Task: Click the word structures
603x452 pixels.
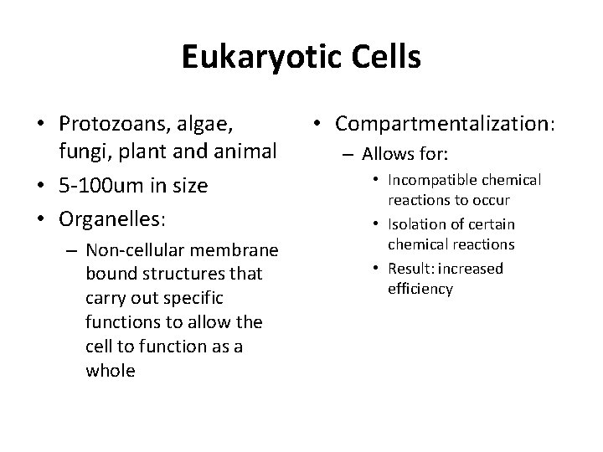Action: tap(165, 274)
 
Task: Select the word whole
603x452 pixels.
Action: tap(110, 371)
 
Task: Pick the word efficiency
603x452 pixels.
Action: tap(420, 289)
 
